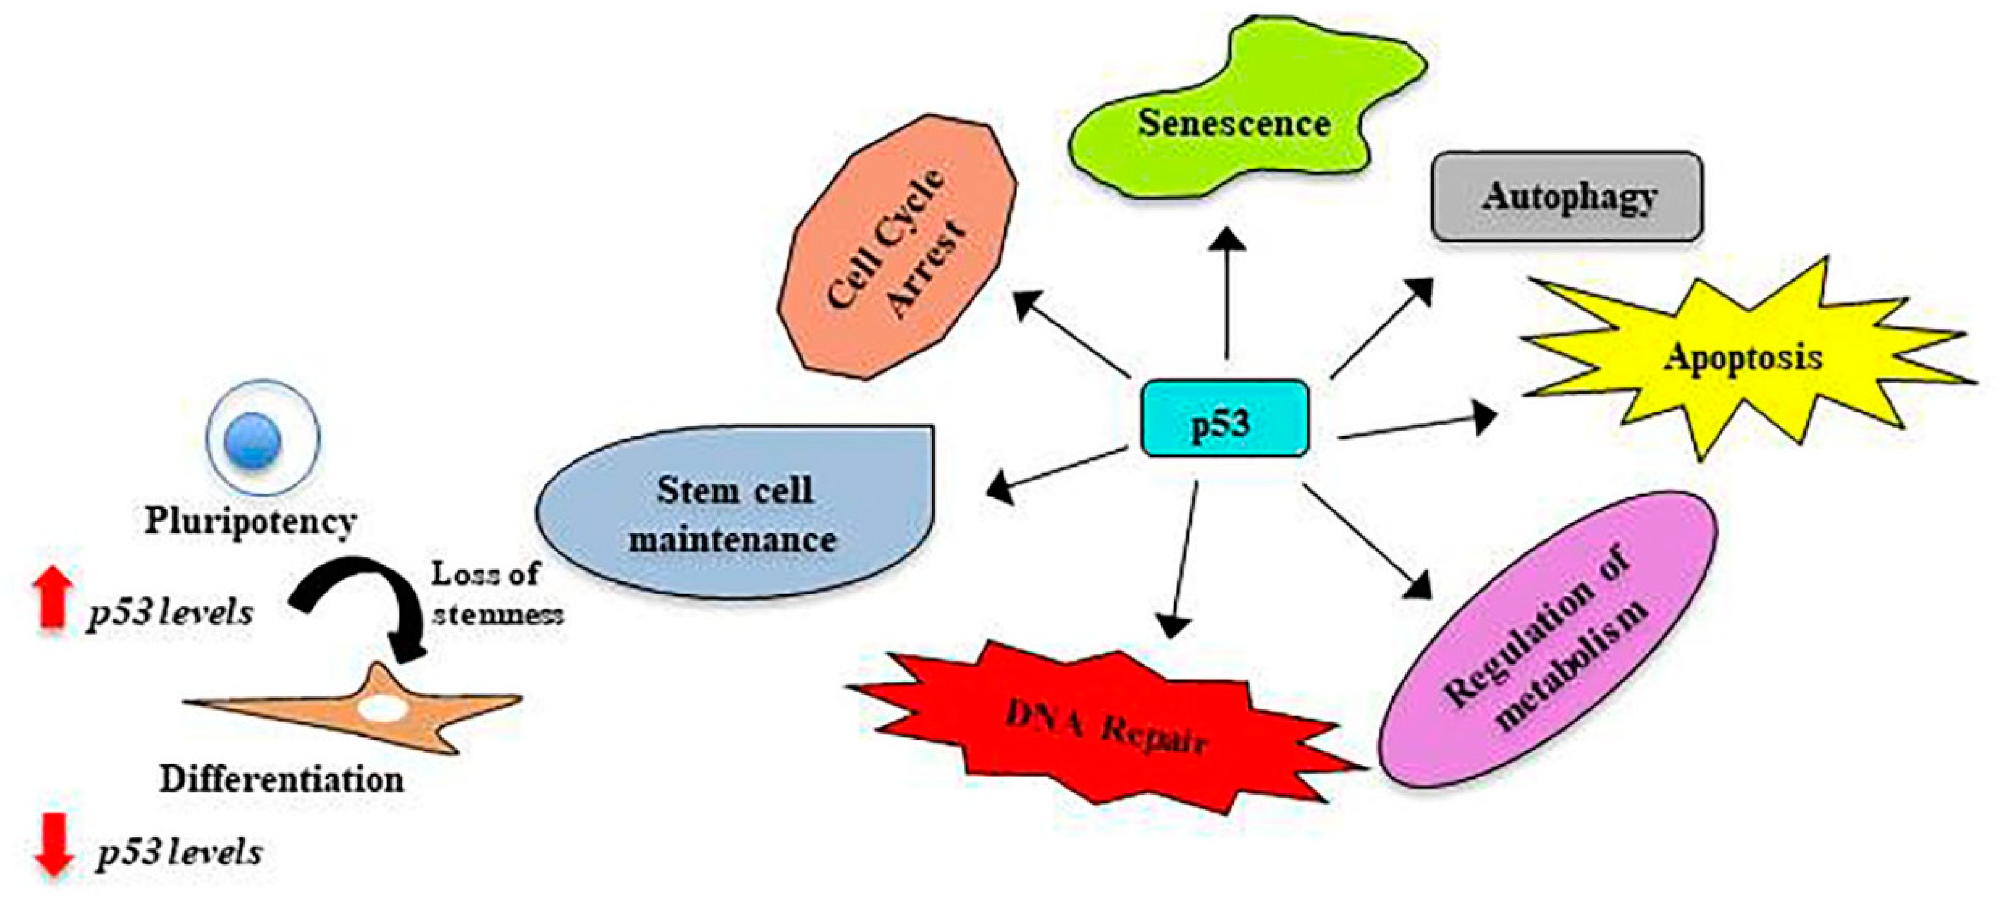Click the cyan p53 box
(x=1224, y=418)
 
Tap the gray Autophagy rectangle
(x=1566, y=196)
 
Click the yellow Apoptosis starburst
(x=1742, y=359)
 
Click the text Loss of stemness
(x=496, y=594)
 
